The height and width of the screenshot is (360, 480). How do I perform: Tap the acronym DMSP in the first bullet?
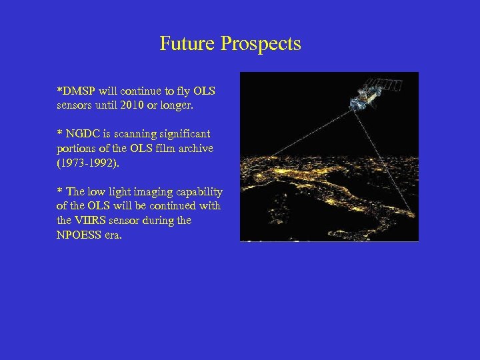(79, 90)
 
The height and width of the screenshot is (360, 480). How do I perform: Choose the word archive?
(194, 148)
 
